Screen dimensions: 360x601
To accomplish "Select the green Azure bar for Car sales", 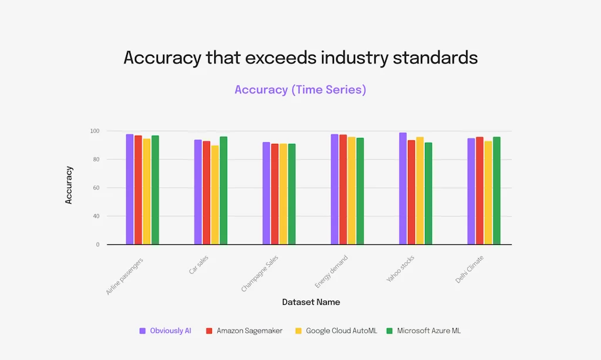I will (224, 190).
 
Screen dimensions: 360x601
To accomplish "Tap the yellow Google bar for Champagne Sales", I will (283, 194).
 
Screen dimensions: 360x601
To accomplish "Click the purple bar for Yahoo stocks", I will (403, 189).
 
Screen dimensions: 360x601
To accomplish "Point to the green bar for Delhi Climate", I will (497, 190).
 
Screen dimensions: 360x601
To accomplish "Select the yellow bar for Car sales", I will (215, 195).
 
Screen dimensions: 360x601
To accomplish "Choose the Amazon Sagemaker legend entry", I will (249, 331).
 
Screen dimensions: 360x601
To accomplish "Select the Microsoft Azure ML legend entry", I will (428, 331).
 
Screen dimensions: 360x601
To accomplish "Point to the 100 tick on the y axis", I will (94, 131).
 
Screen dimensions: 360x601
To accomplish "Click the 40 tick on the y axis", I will (96, 216).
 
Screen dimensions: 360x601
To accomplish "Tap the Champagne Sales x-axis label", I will (261, 273).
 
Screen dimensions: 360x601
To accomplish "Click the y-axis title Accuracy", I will (69, 185).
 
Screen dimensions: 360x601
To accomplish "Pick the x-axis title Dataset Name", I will (311, 302).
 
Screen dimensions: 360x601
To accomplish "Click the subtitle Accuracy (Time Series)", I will (300, 90).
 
